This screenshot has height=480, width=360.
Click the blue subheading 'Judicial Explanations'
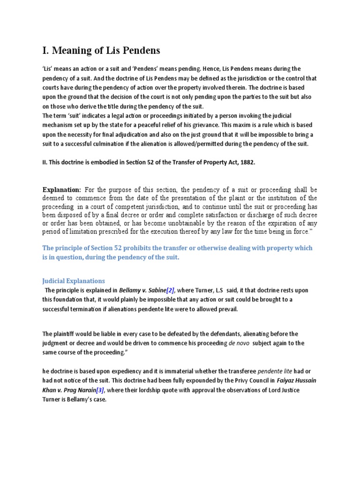[74, 281]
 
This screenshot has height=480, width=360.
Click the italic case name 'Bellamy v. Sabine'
[140, 291]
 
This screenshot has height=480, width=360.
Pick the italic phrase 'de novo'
[239, 343]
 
